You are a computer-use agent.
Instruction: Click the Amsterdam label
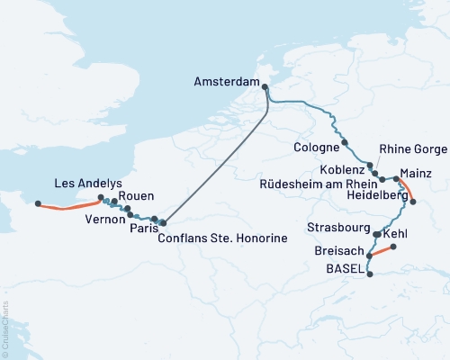[226, 81]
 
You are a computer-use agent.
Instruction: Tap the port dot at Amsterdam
[265, 86]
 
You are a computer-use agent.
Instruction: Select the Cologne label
[316, 146]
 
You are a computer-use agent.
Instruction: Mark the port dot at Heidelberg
[413, 202]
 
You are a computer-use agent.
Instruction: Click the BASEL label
[345, 268]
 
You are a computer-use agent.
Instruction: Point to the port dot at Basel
[371, 275]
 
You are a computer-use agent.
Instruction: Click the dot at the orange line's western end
[38, 203]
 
